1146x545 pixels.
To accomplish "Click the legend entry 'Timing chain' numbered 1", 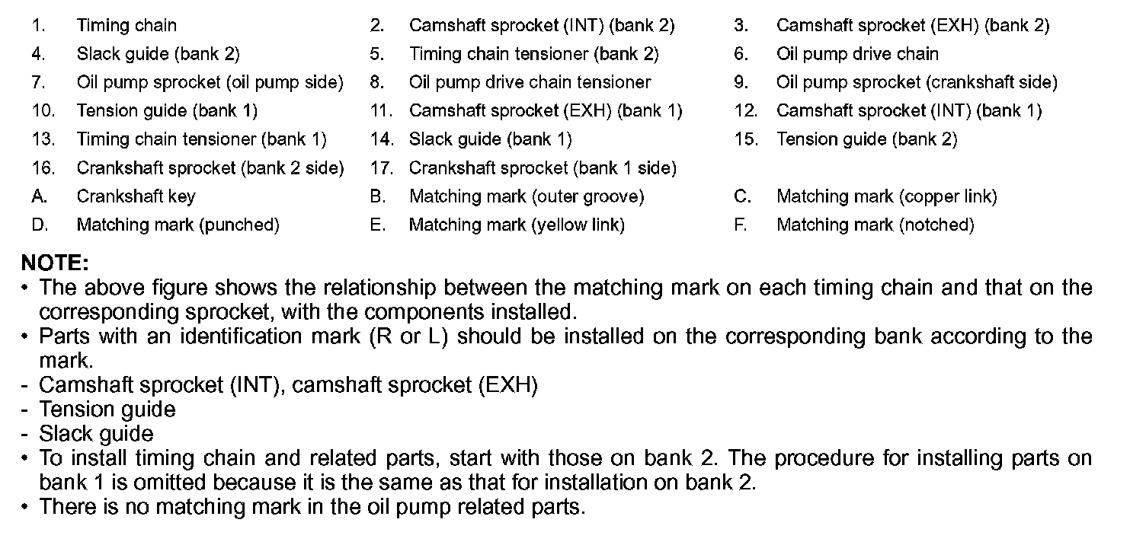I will pos(126,25).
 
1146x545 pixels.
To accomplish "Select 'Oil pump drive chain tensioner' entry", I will pos(530,82).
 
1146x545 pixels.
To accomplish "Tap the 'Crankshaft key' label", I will pos(136,196).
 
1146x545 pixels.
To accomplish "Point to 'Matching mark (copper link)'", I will pos(886,196).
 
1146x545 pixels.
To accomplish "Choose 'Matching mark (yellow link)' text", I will pos(517,225).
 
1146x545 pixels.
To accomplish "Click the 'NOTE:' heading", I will pos(55,263).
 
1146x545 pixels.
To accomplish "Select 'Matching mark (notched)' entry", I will pos(875,225).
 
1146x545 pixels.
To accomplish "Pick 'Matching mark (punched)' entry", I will pos(178,225).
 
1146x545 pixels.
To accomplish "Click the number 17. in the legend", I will pos(381,167).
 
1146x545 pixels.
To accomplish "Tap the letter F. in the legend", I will pos(741,225).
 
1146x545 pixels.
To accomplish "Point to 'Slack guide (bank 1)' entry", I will pos(490,139).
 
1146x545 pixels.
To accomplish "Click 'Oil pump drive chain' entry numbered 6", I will pos(857,54).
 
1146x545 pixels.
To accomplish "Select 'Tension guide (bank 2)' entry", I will pos(866,139).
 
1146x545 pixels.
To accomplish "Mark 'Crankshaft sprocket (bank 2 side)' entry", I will pos(210,167).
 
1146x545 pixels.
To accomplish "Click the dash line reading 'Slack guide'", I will pos(96,434).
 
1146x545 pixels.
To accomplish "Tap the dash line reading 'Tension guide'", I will pos(107,410).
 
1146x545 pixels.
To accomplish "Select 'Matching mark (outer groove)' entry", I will pos(527,196).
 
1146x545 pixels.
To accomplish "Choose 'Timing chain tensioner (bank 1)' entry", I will pos(201,139).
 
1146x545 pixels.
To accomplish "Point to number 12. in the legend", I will pos(746,111).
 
